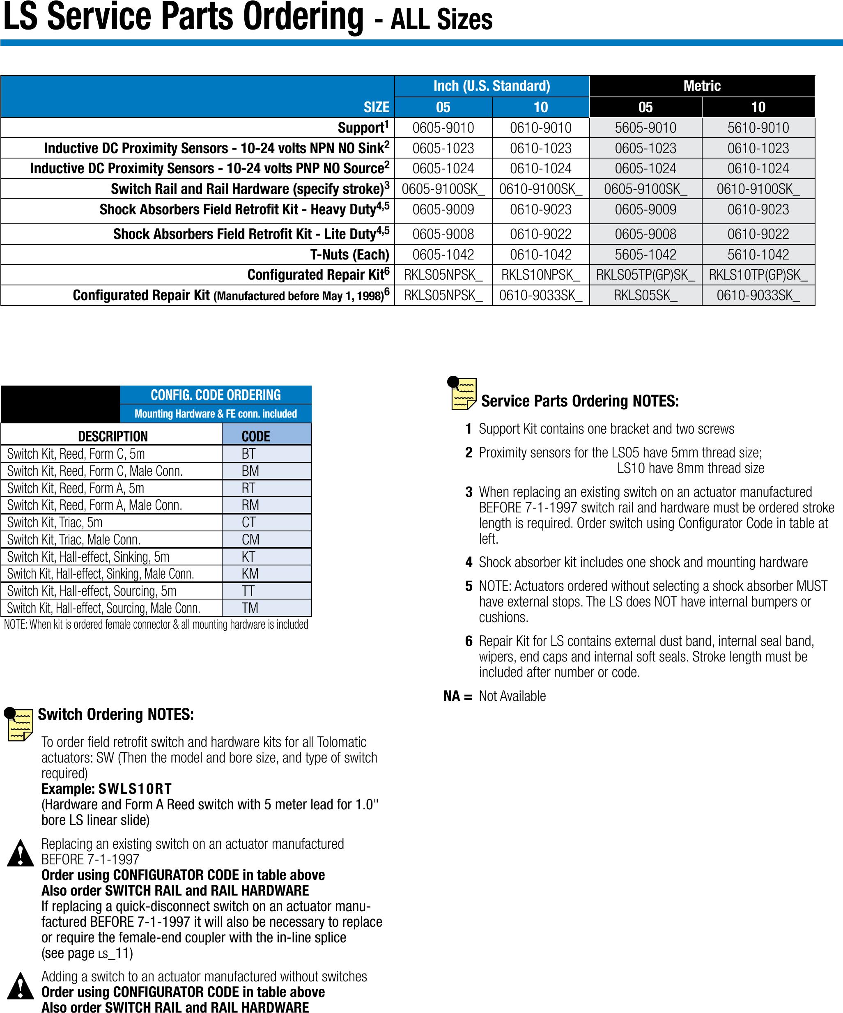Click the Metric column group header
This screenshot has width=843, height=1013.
702,86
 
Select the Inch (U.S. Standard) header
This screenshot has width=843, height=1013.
492,86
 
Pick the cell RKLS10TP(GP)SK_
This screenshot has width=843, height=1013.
758,275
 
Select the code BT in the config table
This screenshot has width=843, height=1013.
248,453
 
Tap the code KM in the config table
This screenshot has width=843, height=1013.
250,574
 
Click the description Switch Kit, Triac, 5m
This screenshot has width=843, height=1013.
55,522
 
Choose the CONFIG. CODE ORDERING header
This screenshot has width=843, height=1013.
216,395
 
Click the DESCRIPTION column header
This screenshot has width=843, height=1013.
113,436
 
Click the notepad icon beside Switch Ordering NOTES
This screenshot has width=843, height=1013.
19,724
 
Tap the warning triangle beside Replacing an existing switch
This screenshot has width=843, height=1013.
20,853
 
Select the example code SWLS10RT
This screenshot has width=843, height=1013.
135,789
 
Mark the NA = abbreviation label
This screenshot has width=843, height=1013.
457,696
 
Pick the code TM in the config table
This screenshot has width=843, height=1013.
250,608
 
